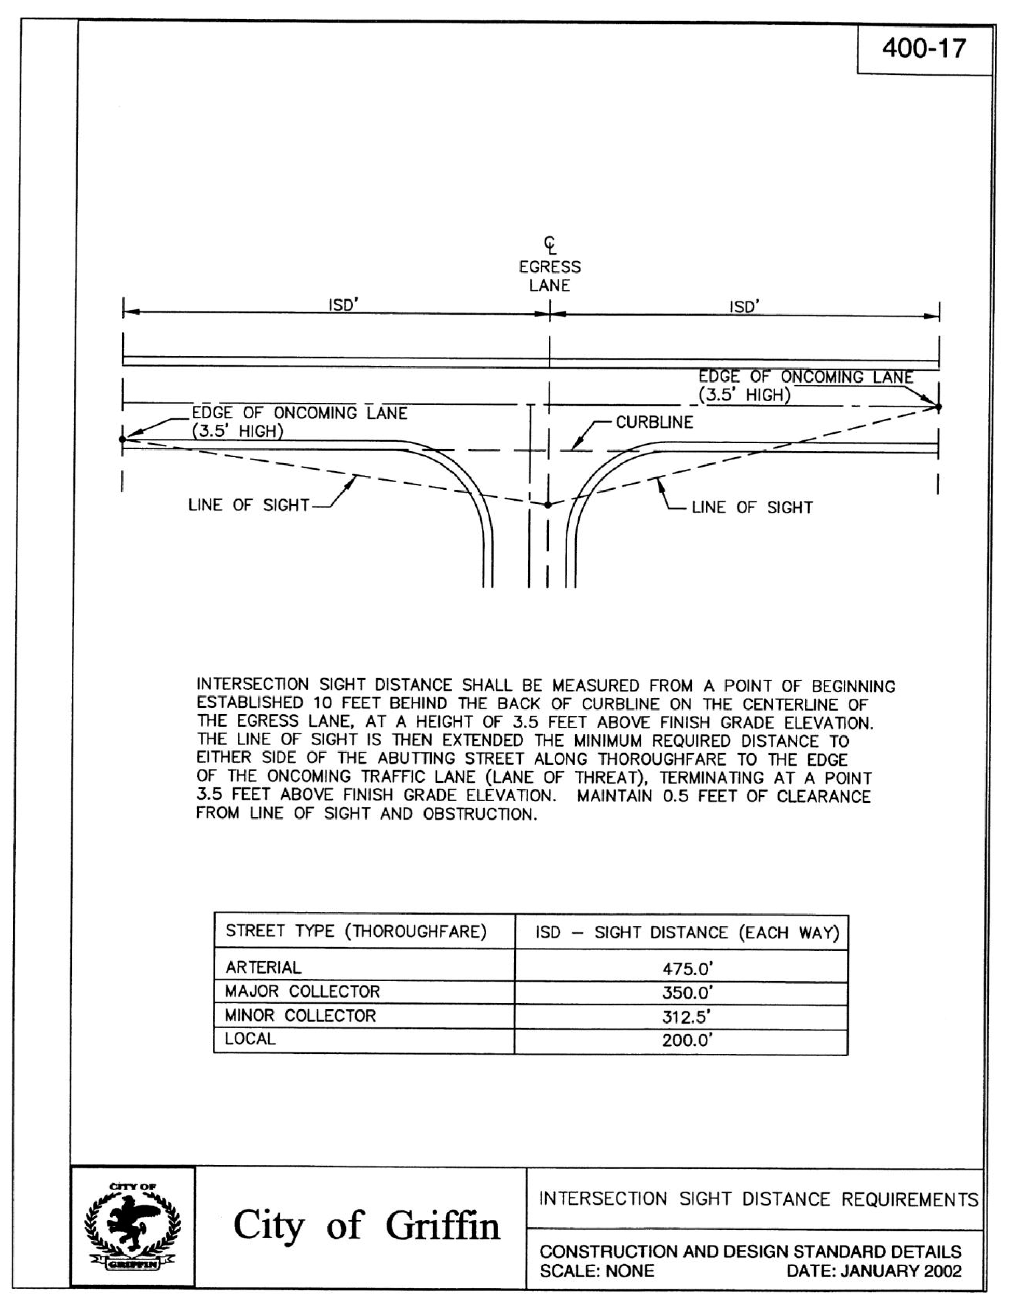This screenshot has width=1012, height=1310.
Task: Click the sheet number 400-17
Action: coord(923,49)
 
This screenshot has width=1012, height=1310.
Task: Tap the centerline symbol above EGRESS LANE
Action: coord(550,245)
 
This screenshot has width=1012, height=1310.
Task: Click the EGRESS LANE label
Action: coord(550,276)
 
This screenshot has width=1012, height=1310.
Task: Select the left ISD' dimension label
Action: coord(343,305)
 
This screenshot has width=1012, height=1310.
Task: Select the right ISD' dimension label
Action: coord(744,307)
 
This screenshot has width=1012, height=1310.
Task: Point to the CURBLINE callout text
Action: coord(654,422)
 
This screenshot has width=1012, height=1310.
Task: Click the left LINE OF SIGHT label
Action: coord(249,505)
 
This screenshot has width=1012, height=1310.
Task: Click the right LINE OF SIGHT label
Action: coord(751,508)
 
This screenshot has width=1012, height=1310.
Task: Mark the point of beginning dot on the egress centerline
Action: coord(548,505)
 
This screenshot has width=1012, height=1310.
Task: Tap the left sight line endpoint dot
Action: coord(123,439)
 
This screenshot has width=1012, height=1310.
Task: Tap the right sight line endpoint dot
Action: coord(939,407)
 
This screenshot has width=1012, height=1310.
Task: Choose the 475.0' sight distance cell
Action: coord(687,968)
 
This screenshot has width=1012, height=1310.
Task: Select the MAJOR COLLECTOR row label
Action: coord(303,991)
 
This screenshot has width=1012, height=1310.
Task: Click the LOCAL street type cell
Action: coord(250,1039)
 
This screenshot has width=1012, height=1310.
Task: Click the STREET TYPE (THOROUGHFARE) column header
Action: coord(355,931)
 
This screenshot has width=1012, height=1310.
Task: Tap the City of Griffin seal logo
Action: coord(132,1226)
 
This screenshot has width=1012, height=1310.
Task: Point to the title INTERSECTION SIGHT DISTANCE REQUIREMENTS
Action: coord(758,1199)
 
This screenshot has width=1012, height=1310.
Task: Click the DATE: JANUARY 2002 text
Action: coord(873,1271)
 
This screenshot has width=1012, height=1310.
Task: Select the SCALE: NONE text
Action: coord(597,1271)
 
